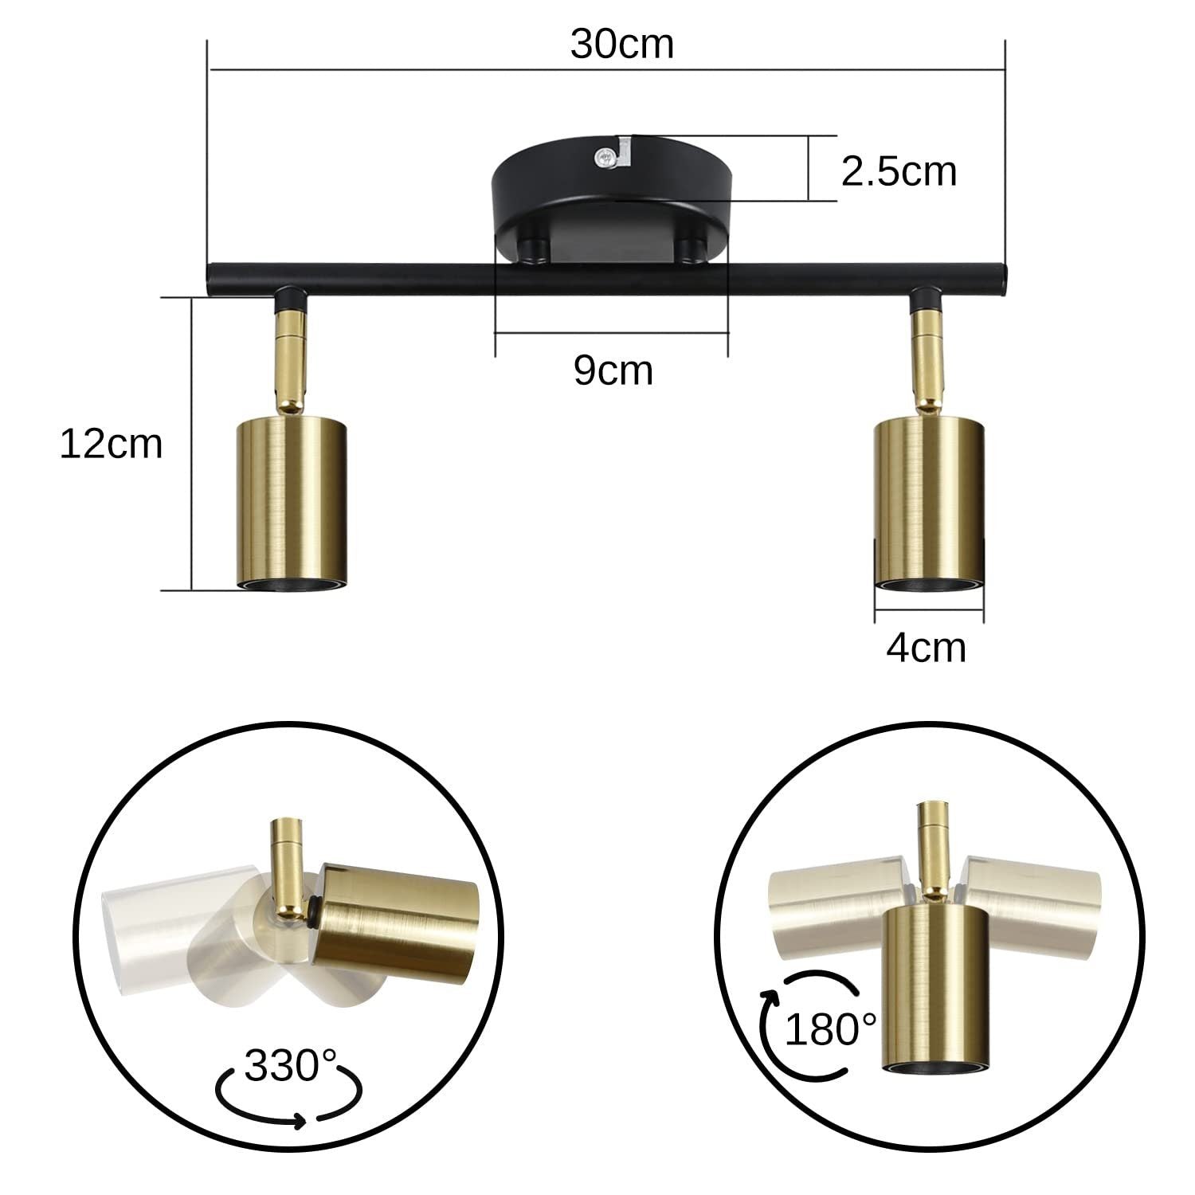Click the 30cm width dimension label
[621, 45]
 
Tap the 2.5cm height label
[899, 171]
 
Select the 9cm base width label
[613, 370]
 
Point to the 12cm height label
[111, 444]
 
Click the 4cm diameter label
[926, 648]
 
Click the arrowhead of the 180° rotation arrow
[770, 996]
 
